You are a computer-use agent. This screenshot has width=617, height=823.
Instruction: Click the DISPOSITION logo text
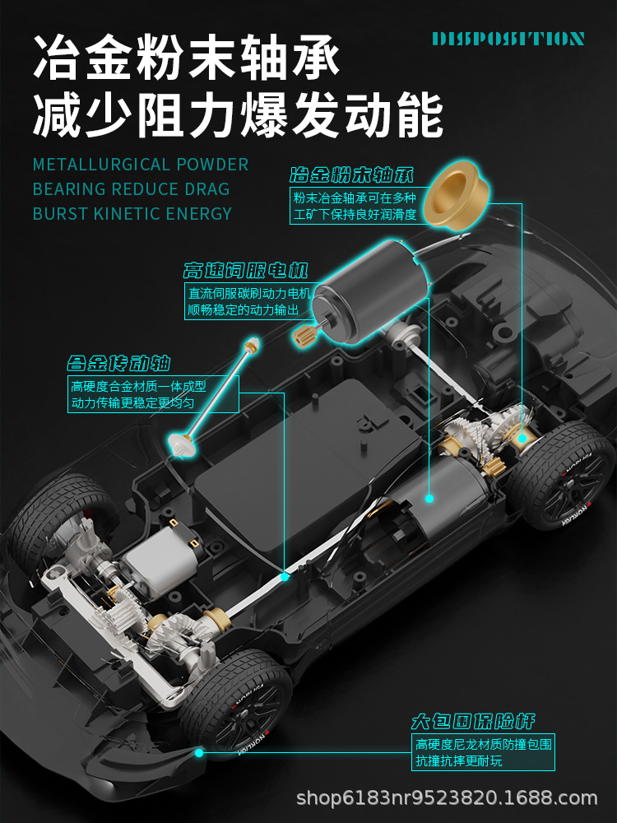508,39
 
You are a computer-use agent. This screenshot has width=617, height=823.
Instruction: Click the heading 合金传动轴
118,363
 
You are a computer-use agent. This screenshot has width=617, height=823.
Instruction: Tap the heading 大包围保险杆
473,722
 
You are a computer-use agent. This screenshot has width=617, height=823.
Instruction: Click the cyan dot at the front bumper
198,751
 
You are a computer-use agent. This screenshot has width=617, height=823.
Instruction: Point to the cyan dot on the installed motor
429,498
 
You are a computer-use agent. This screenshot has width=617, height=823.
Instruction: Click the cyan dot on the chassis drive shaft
285,576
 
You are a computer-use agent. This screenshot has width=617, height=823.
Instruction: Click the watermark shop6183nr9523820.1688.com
447,797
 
